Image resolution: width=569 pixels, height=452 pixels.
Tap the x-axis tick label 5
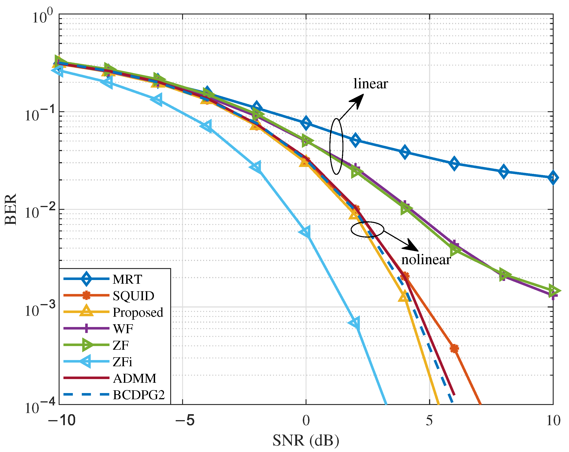(429, 420)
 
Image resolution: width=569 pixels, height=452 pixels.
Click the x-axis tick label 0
(306, 420)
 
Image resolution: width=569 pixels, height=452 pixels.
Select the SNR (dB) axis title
(306, 440)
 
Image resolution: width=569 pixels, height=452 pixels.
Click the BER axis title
(11, 209)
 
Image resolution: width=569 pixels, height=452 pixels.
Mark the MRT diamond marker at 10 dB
(553, 177)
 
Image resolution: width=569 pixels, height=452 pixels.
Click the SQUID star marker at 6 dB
(454, 348)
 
